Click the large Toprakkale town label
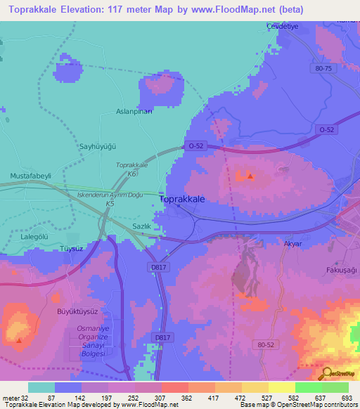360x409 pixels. coord(183,200)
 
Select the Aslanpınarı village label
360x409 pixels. coord(134,111)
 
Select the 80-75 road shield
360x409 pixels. coord(324,69)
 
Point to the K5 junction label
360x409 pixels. coord(110,204)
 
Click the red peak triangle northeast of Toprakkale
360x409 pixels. coord(249,176)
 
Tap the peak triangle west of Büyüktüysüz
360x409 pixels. coord(19,340)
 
